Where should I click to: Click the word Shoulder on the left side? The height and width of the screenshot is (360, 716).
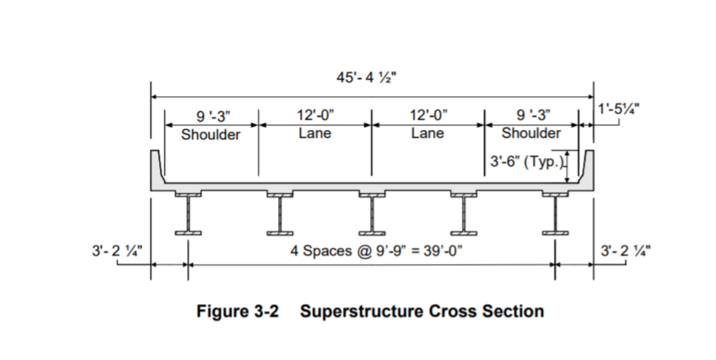[210, 135]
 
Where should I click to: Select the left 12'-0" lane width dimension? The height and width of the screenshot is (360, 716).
[315, 115]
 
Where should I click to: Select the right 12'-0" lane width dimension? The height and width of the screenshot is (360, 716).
[428, 115]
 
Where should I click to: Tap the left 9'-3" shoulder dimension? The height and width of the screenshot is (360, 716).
[210, 116]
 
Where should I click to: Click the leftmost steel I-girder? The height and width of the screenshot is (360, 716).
[188, 214]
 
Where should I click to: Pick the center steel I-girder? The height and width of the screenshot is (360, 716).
[372, 214]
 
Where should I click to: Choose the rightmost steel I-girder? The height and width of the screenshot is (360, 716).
[555, 214]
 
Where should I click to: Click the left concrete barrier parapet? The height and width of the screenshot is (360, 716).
[157, 168]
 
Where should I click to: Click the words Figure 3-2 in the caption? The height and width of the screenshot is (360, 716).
[237, 311]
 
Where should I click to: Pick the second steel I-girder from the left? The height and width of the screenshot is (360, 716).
[280, 214]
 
